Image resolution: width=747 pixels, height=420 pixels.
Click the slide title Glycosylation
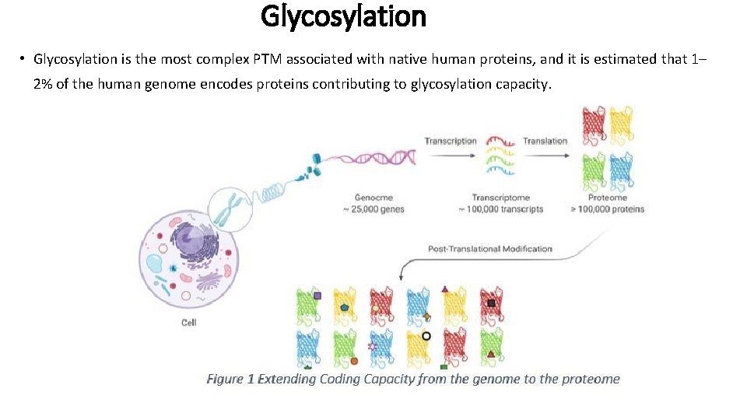343,16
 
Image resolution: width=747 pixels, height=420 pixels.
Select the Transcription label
451,141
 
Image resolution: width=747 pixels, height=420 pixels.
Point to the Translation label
545,141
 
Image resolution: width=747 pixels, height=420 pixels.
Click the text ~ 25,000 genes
379,208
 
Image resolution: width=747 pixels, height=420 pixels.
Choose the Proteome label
607,198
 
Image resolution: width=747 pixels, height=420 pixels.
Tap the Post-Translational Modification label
490,249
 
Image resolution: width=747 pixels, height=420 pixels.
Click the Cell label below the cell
189,323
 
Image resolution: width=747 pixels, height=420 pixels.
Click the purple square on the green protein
317,296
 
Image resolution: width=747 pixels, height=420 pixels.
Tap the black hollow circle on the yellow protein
426,336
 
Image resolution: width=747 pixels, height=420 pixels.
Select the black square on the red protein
491,303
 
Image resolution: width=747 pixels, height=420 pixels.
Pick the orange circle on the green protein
354,361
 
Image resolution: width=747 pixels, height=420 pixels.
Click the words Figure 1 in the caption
230,380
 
